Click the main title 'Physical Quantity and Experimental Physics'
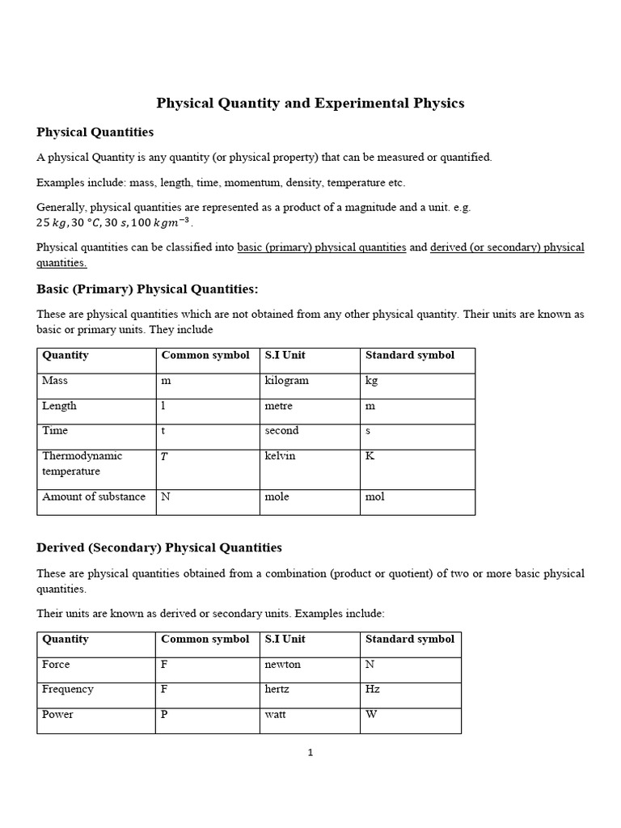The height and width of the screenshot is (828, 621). click(310, 103)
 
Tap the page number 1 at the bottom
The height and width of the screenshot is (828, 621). click(310, 753)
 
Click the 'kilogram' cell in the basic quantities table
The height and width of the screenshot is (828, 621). click(286, 381)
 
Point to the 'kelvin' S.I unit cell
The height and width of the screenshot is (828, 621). click(280, 457)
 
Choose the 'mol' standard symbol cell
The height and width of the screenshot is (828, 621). click(375, 497)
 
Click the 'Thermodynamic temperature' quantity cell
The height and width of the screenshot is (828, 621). click(82, 463)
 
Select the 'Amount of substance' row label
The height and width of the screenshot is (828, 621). click(94, 497)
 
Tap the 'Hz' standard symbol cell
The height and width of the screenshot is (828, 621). click(373, 690)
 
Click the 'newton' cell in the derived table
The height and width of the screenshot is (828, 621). click(282, 665)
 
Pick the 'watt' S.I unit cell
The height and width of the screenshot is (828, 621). click(277, 715)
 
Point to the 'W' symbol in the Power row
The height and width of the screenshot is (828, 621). click(371, 715)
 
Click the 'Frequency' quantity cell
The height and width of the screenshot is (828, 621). click(67, 690)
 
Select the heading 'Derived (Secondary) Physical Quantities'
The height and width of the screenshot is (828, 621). click(159, 547)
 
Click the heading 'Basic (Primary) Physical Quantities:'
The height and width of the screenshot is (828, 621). click(147, 289)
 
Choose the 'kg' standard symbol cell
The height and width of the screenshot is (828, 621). click(372, 381)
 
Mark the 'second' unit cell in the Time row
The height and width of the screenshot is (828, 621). click(281, 431)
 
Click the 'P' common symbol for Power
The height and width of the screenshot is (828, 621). click(165, 715)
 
